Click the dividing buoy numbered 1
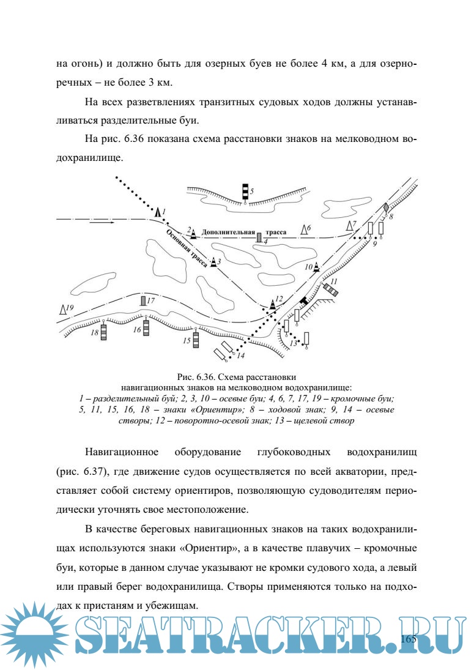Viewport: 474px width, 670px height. coord(158,212)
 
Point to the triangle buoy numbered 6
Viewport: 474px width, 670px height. coord(305,230)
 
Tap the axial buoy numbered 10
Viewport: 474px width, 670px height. coord(317,267)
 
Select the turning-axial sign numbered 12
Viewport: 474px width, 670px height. coord(273,303)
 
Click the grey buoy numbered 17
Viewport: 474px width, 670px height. coord(143,300)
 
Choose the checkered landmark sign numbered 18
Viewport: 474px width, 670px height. coord(103,332)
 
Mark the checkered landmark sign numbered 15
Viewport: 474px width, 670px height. coord(196,338)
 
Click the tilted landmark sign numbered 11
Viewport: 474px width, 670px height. coord(331,288)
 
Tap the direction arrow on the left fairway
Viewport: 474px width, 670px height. coord(101,223)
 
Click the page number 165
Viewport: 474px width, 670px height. coord(409,639)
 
